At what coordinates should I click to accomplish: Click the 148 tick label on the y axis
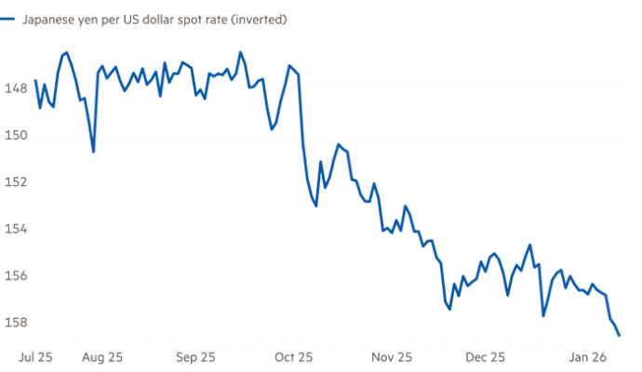14,88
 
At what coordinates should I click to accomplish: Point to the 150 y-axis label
14,135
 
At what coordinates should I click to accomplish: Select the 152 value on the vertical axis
14,182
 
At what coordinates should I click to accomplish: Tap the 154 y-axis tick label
14,229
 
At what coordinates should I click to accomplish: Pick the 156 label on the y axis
14,276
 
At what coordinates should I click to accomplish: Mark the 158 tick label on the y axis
14,323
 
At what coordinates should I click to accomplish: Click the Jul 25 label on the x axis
36,356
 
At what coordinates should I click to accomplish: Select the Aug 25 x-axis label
103,356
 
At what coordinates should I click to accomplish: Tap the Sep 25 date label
196,356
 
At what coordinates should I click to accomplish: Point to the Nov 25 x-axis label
391,356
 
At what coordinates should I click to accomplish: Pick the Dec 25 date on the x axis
486,356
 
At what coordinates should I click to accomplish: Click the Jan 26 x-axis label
589,356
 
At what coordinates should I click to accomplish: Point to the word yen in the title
86,19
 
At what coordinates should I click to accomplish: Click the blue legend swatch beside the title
7,19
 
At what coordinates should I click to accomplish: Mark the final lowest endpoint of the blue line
619,334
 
